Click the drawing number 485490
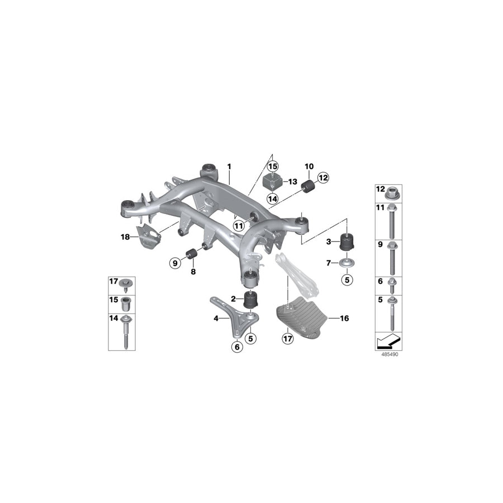pyautogui.click(x=390, y=354)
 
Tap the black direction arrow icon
pyautogui.click(x=388, y=342)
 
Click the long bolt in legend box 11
pyautogui.click(x=392, y=221)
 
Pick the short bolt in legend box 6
pyautogui.click(x=392, y=286)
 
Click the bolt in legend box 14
pyautogui.click(x=125, y=333)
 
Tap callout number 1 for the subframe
pyautogui.click(x=229, y=167)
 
